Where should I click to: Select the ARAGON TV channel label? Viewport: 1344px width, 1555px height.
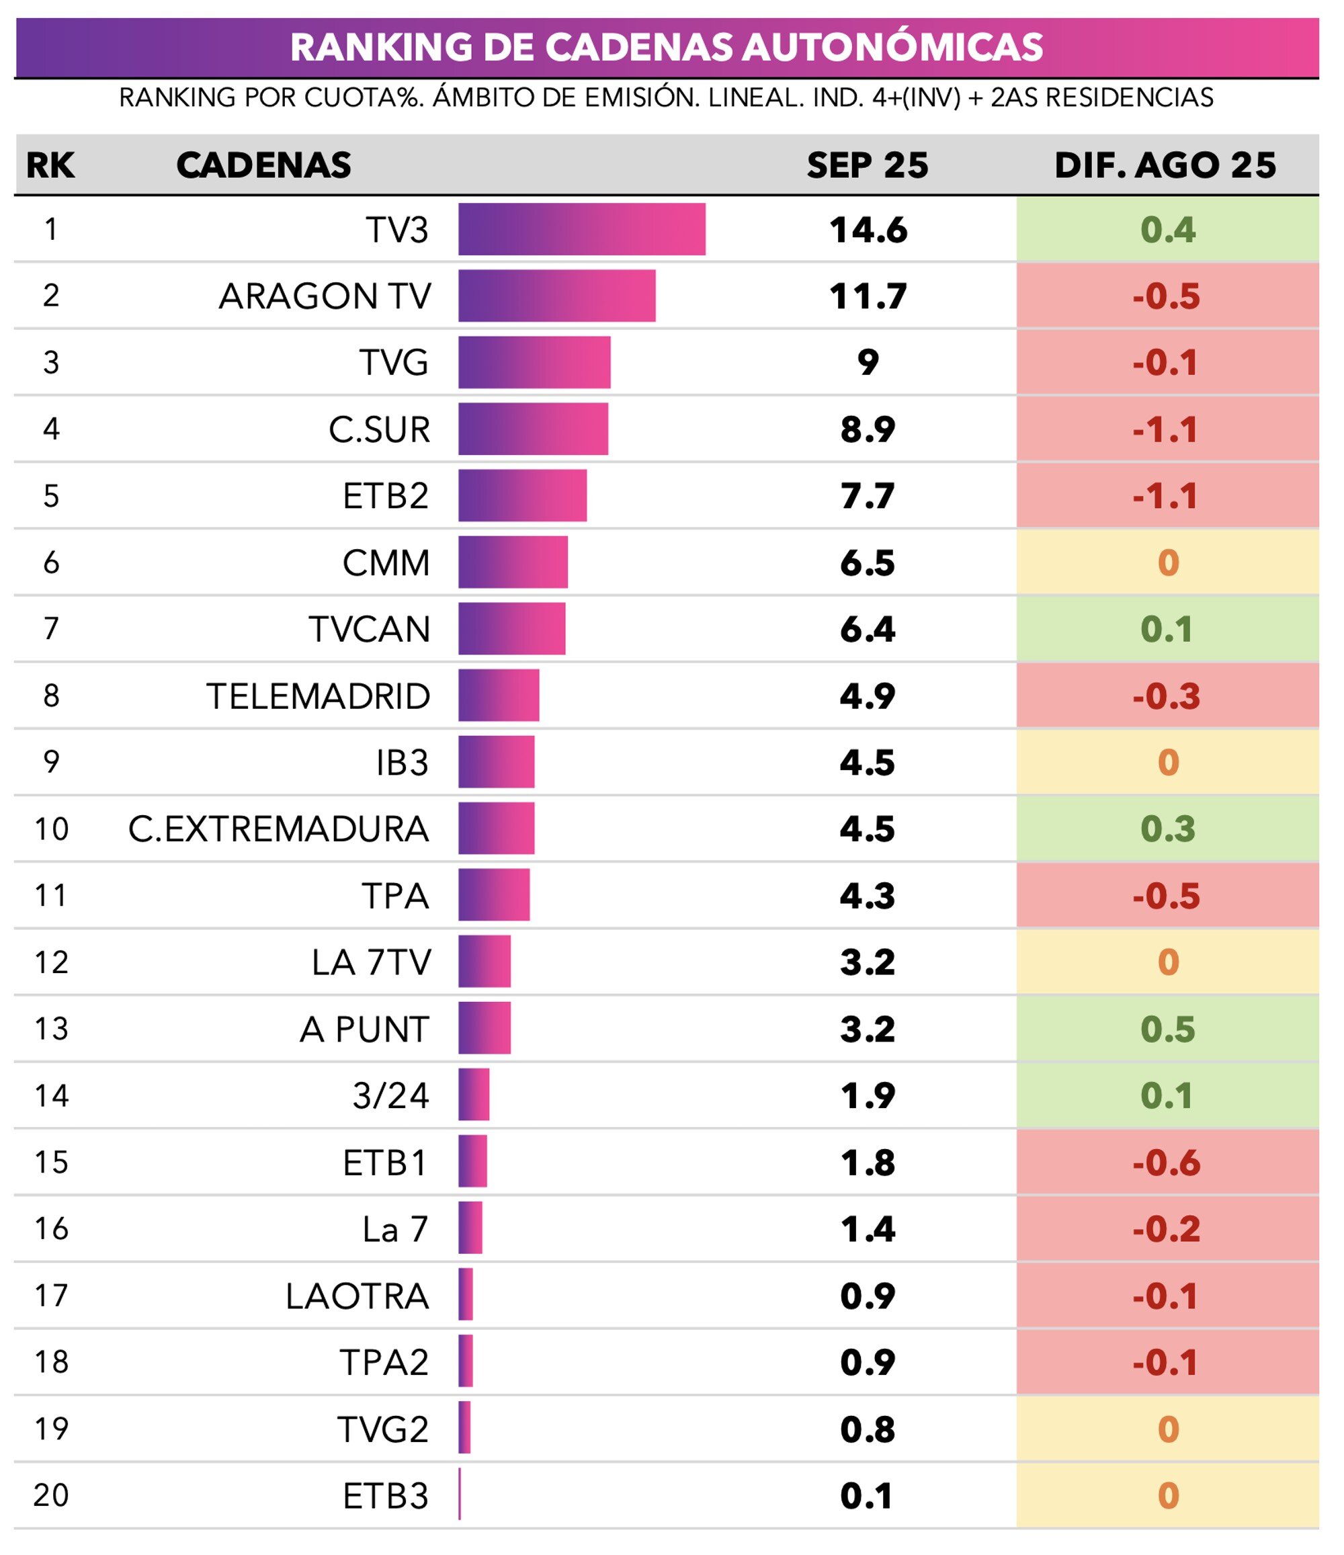click(x=325, y=296)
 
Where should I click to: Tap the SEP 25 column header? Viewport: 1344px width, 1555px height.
click(x=868, y=165)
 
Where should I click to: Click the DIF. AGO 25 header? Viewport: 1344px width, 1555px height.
click(x=1165, y=165)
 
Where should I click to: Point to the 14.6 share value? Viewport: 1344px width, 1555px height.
click(x=868, y=230)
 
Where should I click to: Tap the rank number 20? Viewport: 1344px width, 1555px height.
click(x=51, y=1495)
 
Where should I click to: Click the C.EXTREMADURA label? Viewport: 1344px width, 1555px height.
click(x=278, y=829)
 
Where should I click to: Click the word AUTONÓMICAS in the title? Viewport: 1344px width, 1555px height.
click(x=892, y=46)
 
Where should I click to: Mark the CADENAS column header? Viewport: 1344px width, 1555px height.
click(x=263, y=165)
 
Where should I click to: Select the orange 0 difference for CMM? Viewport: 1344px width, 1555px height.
click(x=1168, y=563)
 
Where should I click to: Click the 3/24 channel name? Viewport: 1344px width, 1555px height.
click(x=390, y=1096)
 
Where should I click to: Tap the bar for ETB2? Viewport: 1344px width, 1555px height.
click(x=522, y=495)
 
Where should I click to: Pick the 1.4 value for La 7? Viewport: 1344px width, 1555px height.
click(x=868, y=1229)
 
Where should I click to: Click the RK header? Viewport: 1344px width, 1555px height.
click(x=50, y=165)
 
